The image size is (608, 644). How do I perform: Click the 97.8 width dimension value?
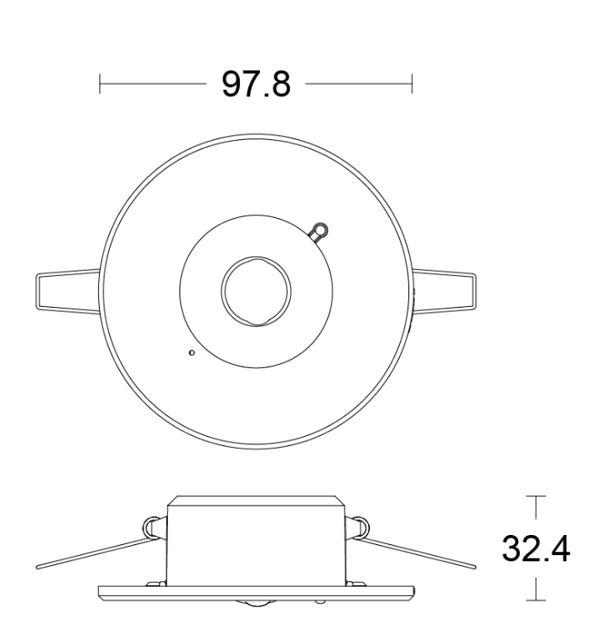coord(256,84)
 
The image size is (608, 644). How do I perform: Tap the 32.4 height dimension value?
coord(536,548)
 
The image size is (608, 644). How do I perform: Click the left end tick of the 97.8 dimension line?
coord(100,84)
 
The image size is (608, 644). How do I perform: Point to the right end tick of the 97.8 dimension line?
coord(412,84)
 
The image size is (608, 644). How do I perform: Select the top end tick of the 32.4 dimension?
coord(536,496)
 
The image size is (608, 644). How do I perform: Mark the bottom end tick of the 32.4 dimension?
coord(536,600)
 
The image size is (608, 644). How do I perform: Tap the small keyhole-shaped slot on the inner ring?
coord(319,231)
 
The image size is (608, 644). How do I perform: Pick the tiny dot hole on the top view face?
coord(191,352)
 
